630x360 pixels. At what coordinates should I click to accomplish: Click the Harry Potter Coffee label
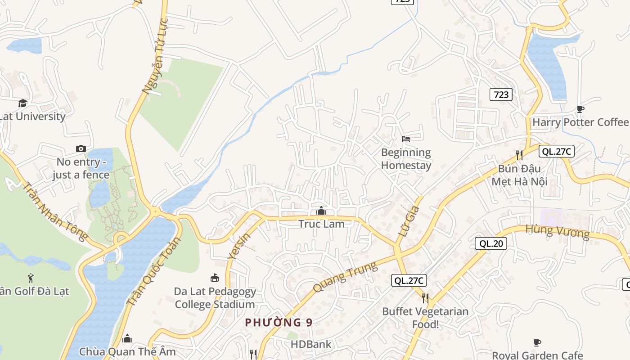tap(580, 122)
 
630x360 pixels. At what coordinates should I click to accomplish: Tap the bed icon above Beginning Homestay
tap(406, 139)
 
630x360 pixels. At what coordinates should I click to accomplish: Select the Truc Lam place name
tap(321, 224)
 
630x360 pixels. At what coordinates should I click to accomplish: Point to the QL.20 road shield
tap(491, 243)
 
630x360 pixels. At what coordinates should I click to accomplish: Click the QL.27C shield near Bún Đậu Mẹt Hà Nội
tap(556, 151)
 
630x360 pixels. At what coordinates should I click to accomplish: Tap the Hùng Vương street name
tap(557, 232)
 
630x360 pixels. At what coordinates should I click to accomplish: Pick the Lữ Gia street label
tap(409, 221)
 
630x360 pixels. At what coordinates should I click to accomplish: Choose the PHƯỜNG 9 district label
tap(279, 322)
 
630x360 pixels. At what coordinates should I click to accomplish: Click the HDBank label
tap(311, 345)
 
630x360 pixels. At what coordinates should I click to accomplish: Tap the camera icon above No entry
tap(81, 148)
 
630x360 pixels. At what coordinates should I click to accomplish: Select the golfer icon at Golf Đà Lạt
tap(31, 278)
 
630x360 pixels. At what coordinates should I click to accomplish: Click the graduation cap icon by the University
tap(22, 103)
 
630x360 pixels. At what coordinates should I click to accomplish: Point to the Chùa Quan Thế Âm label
tap(127, 351)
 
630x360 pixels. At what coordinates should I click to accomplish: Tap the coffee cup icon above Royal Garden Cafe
tap(537, 343)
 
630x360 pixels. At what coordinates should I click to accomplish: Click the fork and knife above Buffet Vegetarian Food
tap(425, 298)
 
